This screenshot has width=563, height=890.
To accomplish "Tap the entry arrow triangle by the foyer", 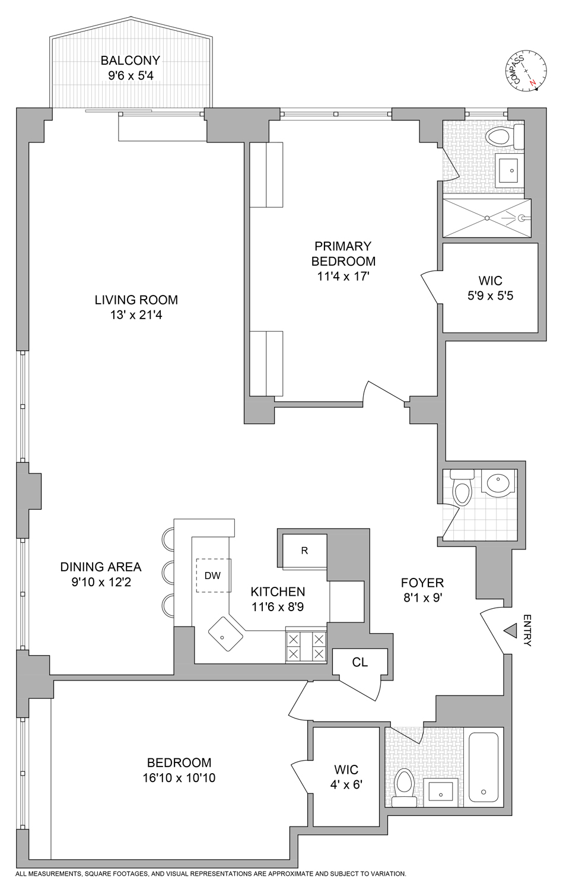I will [510, 630].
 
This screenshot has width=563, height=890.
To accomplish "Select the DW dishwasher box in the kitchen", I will [212, 575].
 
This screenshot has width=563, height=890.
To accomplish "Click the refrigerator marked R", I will [304, 551].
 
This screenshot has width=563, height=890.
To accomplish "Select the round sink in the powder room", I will [497, 483].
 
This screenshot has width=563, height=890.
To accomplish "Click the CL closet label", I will [360, 662].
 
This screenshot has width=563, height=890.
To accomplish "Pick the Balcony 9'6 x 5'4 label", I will [130, 68].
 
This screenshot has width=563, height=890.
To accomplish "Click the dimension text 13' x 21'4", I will [136, 315].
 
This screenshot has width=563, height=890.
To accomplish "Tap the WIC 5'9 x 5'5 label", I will [490, 288].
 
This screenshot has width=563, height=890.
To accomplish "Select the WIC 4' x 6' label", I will [346, 777].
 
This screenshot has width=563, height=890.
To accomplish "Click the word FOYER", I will [422, 583].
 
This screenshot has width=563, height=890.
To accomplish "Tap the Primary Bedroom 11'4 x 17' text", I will [343, 261].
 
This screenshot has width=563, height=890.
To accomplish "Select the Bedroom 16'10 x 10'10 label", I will [179, 770].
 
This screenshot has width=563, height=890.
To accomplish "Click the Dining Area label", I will [101, 574].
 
